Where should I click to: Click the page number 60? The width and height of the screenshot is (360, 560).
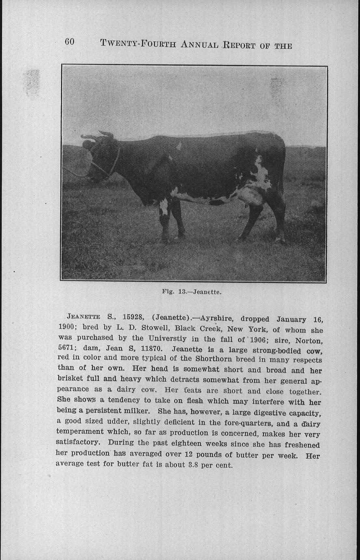coord(69,42)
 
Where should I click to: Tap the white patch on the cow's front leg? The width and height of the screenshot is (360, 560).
coord(164,206)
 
